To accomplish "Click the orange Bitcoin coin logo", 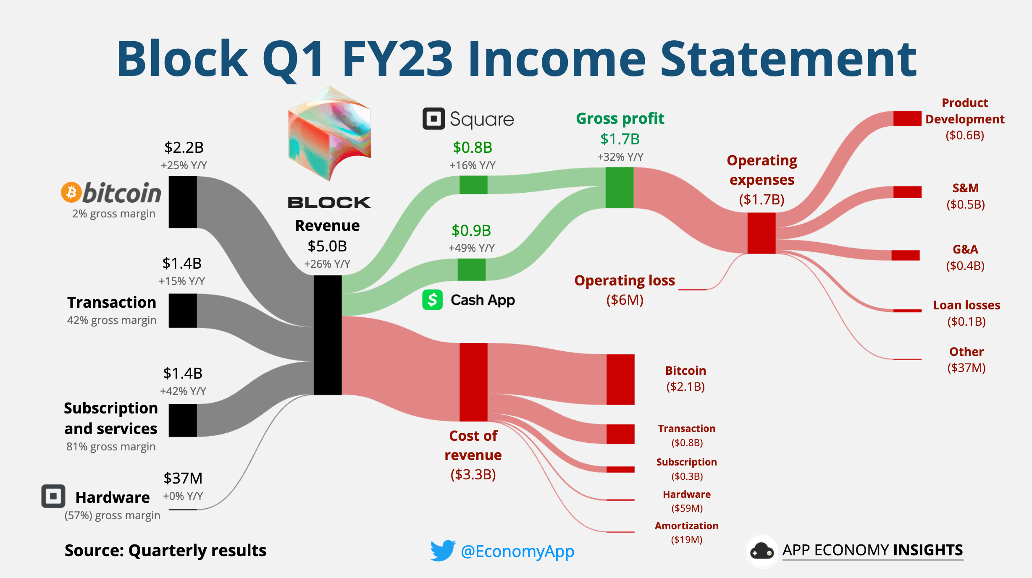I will (71, 192).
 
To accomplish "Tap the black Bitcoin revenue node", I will (183, 202).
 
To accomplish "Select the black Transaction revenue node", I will (183, 311).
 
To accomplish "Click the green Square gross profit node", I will (473, 185).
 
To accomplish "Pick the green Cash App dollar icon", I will (432, 300).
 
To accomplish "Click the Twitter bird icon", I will (442, 550).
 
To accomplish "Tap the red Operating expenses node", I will (761, 233).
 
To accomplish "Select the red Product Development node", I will (907, 118).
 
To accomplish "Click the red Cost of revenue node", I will (473, 382).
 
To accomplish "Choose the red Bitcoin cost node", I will (620, 379).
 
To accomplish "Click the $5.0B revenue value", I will (327, 246).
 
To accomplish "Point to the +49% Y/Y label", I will (471, 248).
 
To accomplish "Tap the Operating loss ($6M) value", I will (625, 300).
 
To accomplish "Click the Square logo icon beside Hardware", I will (53, 496).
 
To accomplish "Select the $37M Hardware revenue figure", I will (183, 478).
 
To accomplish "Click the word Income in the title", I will (556, 59).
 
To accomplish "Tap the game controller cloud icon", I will (761, 551).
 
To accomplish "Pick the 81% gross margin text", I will (111, 447).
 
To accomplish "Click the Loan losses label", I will (966, 305).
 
